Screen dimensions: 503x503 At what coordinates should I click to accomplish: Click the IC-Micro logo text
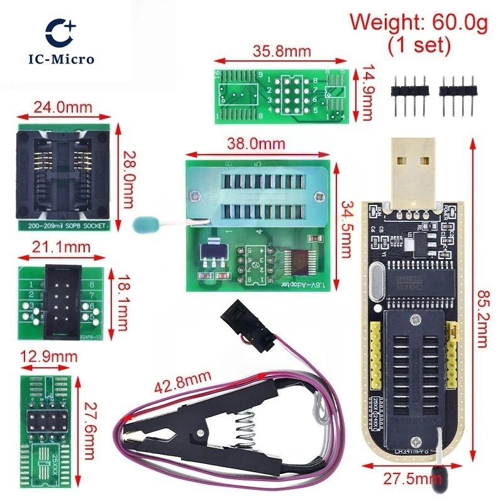61,60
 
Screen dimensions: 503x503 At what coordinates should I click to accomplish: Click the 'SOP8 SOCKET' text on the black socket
80,224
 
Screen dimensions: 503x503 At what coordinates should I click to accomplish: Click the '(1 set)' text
420,45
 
